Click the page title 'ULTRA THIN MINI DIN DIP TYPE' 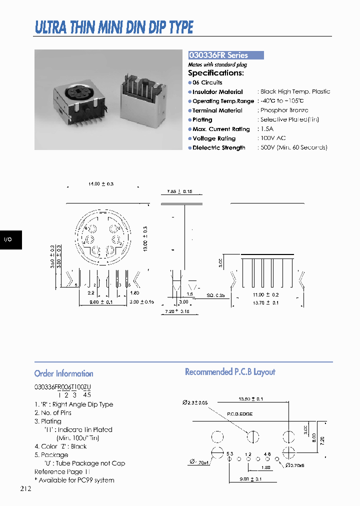(114, 27)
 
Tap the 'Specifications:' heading (216, 73)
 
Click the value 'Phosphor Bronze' (284, 110)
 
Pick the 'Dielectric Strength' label (219, 148)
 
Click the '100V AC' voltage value (273, 138)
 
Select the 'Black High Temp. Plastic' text (295, 91)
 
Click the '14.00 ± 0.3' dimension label (101, 184)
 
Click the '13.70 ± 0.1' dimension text (265, 302)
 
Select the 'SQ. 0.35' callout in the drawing (216, 295)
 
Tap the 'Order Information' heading (63, 373)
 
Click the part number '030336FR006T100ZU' (62, 387)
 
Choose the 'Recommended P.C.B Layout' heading (230, 372)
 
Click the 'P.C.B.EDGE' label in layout (239, 414)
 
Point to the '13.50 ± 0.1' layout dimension (250, 399)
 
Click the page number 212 (26, 488)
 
